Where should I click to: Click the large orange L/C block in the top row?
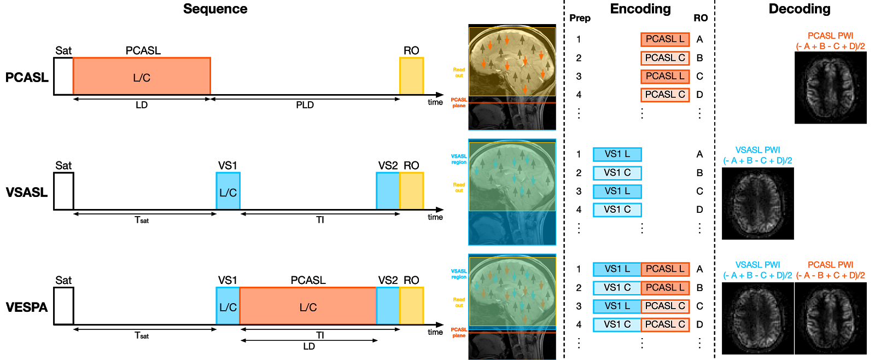[x=141, y=76]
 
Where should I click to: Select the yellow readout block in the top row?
[x=411, y=76]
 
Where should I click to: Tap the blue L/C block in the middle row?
[x=227, y=190]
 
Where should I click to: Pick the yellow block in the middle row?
[x=411, y=190]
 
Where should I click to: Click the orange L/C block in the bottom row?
[x=307, y=305]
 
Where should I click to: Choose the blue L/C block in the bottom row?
[x=227, y=305]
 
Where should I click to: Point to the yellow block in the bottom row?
[x=411, y=305]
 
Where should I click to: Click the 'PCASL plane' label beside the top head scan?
[x=459, y=103]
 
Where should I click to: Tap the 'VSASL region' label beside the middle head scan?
[x=459, y=159]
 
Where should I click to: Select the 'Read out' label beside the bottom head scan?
[x=459, y=303]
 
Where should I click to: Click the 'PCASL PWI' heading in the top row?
[x=830, y=36]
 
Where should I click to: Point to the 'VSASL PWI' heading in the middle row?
[x=757, y=150]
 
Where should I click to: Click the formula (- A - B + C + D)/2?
[x=830, y=276]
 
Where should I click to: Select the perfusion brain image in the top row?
[x=830, y=88]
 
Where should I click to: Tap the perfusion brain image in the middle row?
[x=757, y=202]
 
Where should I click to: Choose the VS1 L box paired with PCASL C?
[x=617, y=306]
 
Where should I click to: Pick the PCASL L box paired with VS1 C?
[x=665, y=288]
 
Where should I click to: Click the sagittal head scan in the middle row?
[x=512, y=191]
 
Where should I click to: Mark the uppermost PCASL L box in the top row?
[x=665, y=39]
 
